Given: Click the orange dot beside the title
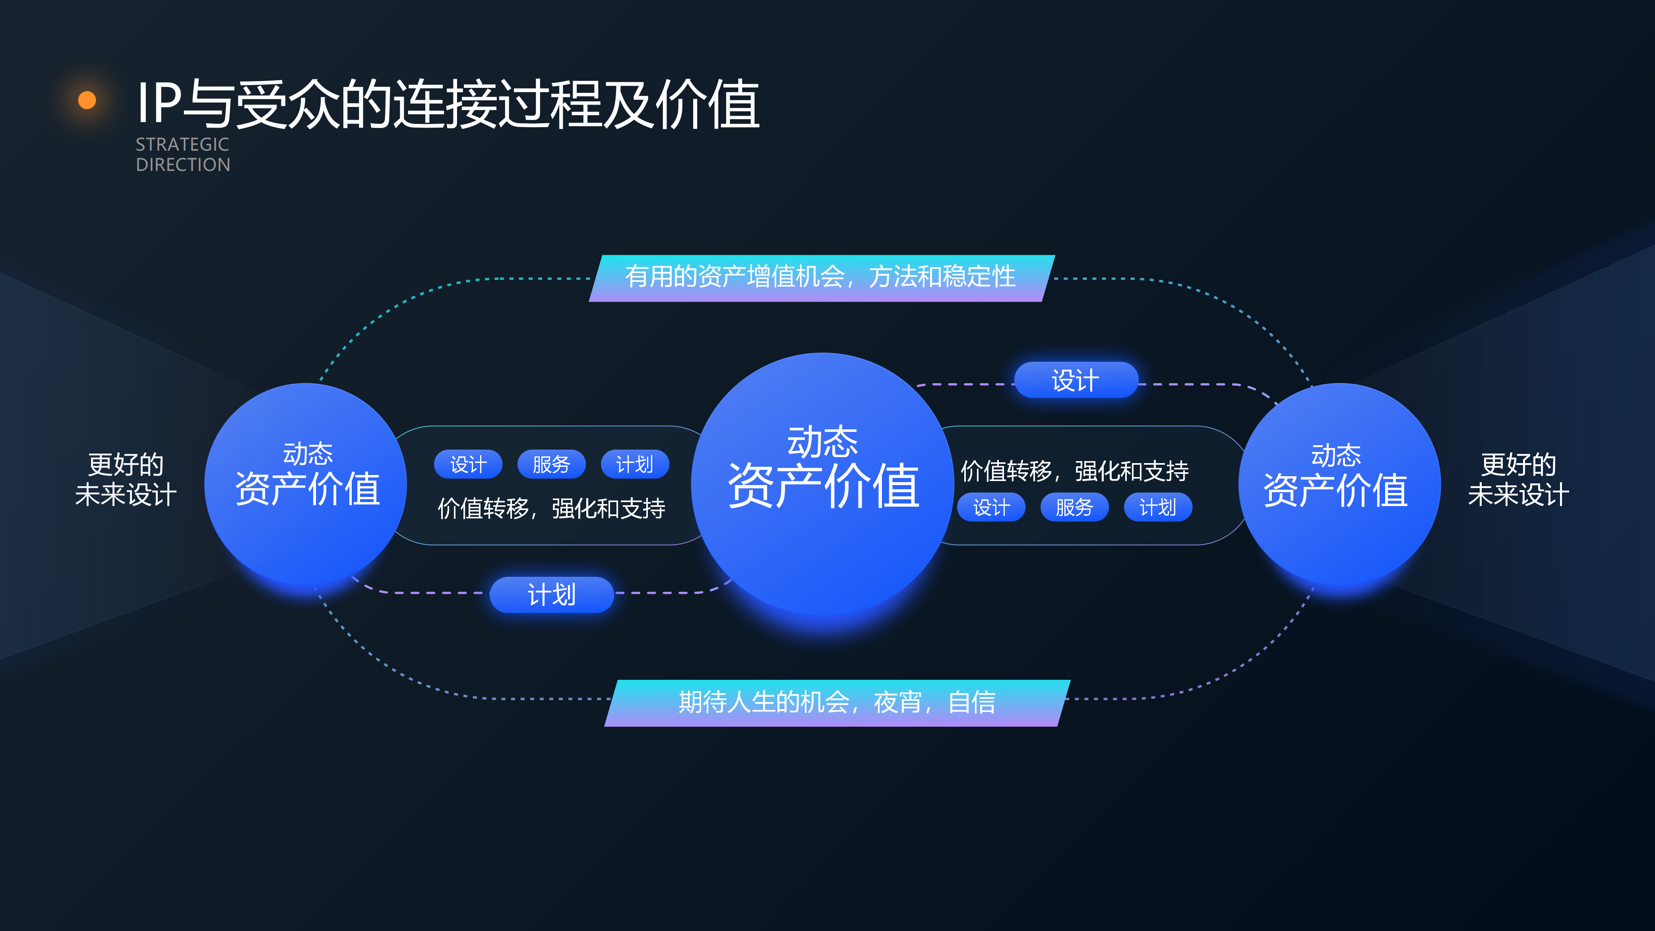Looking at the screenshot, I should click(x=87, y=100).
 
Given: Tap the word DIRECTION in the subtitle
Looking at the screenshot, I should click(x=182, y=165).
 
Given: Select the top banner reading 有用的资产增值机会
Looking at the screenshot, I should click(x=820, y=277).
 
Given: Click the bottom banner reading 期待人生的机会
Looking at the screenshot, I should click(x=837, y=702).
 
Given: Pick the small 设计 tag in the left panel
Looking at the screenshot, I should click(x=468, y=464).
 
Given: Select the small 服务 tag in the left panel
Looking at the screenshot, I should click(x=551, y=464).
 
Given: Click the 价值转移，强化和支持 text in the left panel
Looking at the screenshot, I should click(x=551, y=508).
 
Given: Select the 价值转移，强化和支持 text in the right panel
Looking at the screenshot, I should click(x=1074, y=471).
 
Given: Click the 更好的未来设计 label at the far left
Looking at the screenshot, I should click(x=126, y=479).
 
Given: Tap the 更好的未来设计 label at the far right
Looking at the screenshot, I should click(x=1518, y=479).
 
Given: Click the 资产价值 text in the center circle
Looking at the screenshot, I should click(x=823, y=487).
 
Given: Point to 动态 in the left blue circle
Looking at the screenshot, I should click(x=308, y=454).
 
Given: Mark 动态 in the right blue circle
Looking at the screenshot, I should click(x=1336, y=455).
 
